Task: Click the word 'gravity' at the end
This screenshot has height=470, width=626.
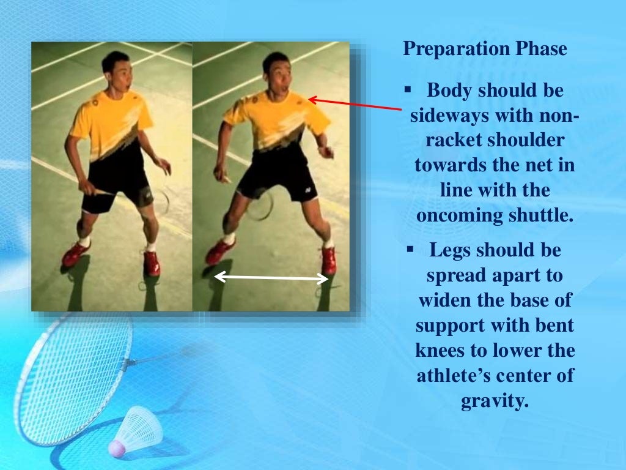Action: tap(493, 401)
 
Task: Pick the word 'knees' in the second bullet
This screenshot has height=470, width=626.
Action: tap(442, 351)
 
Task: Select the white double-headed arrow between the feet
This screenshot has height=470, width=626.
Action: tap(271, 278)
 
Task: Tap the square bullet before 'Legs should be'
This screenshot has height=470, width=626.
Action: tap(410, 250)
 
